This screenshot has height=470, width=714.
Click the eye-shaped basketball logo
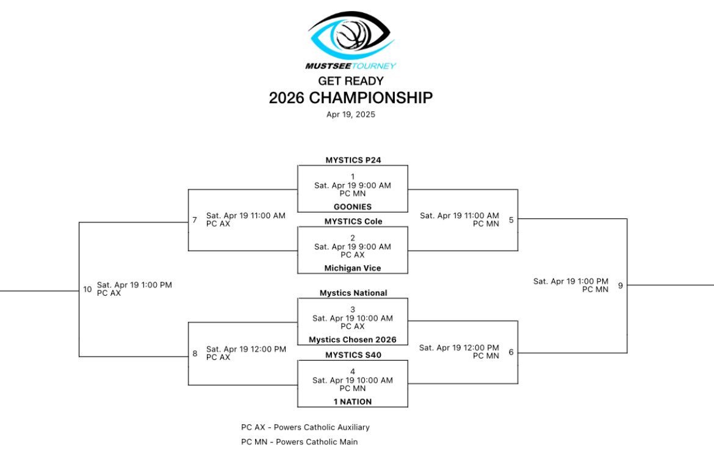click(351, 35)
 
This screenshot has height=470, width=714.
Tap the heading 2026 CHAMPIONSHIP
click(351, 98)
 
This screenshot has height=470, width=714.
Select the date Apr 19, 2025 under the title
click(351, 114)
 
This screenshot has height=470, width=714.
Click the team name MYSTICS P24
click(353, 160)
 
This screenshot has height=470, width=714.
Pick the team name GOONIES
click(353, 207)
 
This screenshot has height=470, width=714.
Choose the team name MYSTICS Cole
click(353, 221)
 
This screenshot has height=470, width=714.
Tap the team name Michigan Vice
click(353, 268)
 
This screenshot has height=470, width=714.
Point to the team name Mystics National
click(353, 293)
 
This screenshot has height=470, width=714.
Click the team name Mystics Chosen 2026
click(353, 340)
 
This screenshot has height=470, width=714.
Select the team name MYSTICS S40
click(353, 354)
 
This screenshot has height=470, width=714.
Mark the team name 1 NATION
click(353, 402)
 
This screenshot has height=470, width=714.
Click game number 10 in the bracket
click(87, 289)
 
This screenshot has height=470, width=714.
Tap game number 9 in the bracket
click(620, 285)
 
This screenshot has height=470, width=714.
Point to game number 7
click(195, 219)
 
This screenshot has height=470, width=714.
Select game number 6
click(511, 352)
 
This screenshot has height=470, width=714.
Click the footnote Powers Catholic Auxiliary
click(305, 427)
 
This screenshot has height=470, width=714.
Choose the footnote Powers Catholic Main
click(299, 442)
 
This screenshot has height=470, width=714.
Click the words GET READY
click(351, 81)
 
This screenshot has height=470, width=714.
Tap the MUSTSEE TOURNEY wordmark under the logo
click(351, 66)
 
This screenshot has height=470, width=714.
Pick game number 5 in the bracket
click(511, 219)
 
